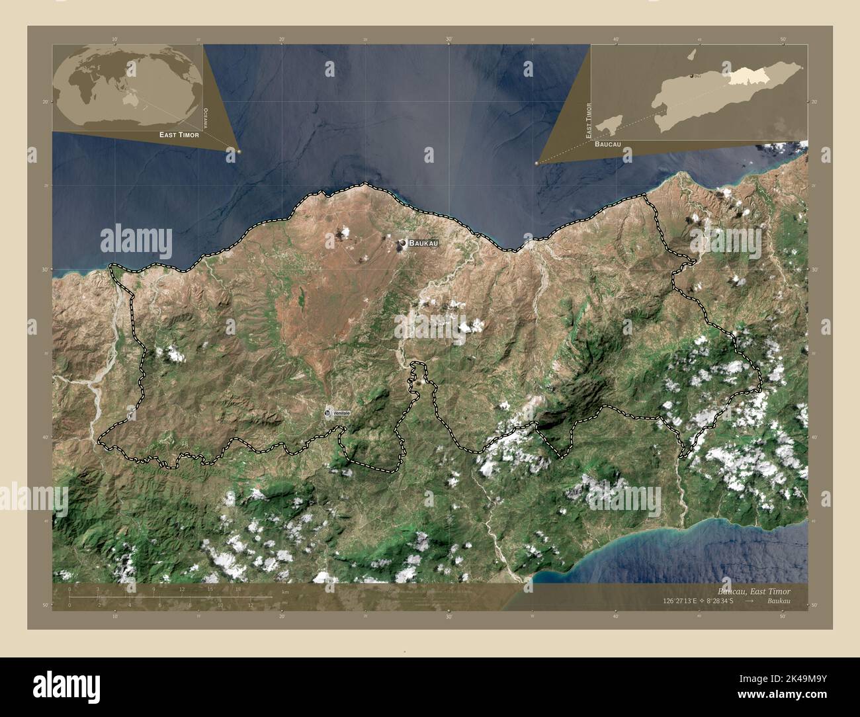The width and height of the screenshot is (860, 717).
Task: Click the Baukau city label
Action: click(x=423, y=243)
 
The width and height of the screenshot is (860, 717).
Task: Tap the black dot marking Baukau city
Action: click(x=402, y=245)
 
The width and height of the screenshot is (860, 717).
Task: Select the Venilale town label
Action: click(x=341, y=413)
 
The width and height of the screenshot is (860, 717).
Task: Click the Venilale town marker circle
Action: click(x=328, y=413)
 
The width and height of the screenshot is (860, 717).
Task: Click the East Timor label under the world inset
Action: click(x=179, y=134)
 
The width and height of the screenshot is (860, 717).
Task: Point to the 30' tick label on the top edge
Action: click(x=449, y=40)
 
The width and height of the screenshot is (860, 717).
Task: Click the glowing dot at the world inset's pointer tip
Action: click(x=239, y=151)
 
